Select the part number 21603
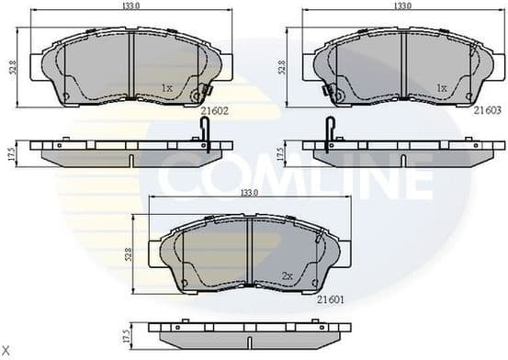pos(487,110)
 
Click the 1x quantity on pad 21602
pos(167,88)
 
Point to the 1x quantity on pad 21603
pos(442,88)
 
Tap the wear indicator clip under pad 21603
pos(329,131)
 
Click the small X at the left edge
pos(6,352)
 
